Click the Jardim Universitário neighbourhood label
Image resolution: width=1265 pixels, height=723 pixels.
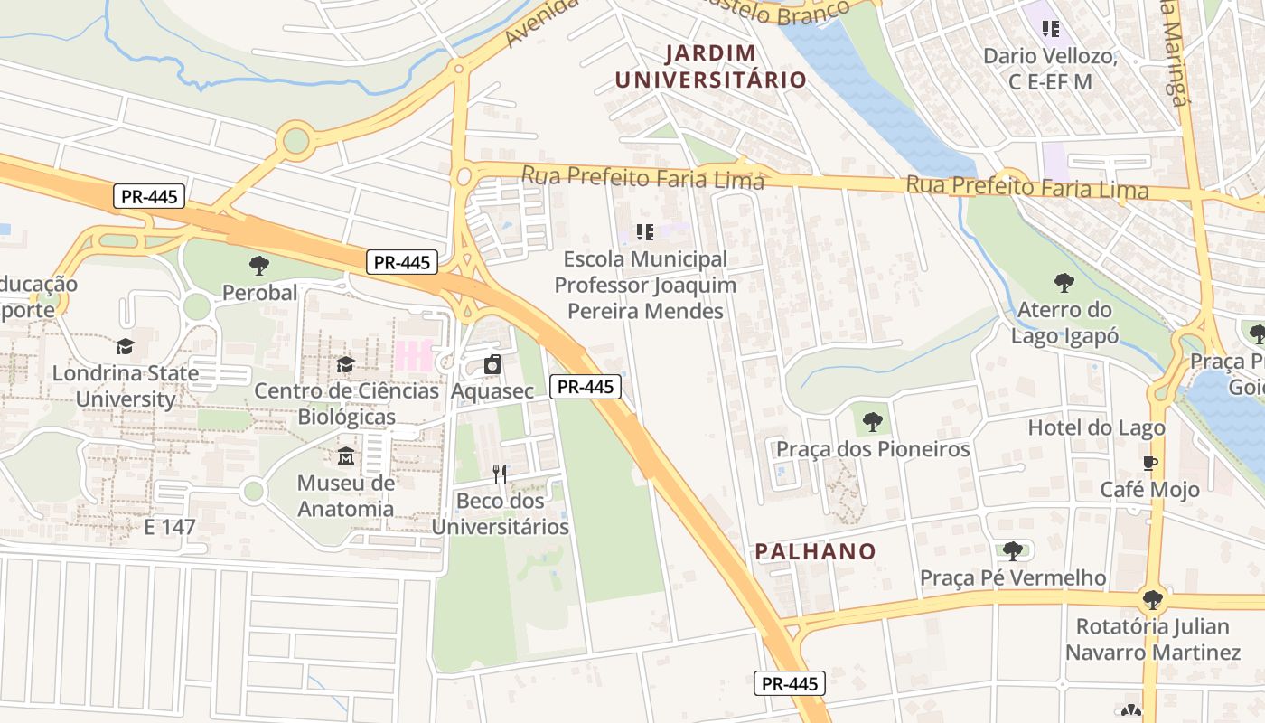click(x=710, y=66)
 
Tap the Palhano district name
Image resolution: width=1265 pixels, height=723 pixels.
click(x=815, y=551)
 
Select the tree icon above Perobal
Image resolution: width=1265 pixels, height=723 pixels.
click(x=259, y=266)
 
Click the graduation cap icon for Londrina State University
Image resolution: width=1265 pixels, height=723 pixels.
click(x=125, y=346)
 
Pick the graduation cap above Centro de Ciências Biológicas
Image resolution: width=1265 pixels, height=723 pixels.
click(x=345, y=364)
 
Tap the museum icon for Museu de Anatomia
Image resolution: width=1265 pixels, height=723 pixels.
click(x=345, y=456)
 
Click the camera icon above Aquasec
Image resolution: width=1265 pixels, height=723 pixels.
click(x=492, y=365)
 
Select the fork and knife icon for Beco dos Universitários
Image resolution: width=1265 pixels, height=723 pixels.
click(x=500, y=474)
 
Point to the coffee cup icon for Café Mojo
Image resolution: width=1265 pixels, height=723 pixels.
click(x=1149, y=464)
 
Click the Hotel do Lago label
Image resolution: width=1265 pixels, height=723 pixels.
click(x=1096, y=427)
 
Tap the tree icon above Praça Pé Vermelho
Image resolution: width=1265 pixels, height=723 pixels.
click(x=1012, y=550)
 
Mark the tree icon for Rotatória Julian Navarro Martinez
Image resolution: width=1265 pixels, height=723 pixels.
click(x=1152, y=599)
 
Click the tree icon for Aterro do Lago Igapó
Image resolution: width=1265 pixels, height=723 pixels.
click(x=1064, y=283)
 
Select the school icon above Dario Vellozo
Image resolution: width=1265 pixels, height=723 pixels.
click(x=1050, y=29)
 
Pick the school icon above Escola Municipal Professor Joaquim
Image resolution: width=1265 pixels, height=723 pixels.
click(x=644, y=232)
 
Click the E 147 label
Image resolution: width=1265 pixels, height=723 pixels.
click(x=170, y=527)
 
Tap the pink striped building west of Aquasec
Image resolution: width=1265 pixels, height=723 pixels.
click(x=413, y=355)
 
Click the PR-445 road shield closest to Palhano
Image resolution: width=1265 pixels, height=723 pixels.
click(x=789, y=684)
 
